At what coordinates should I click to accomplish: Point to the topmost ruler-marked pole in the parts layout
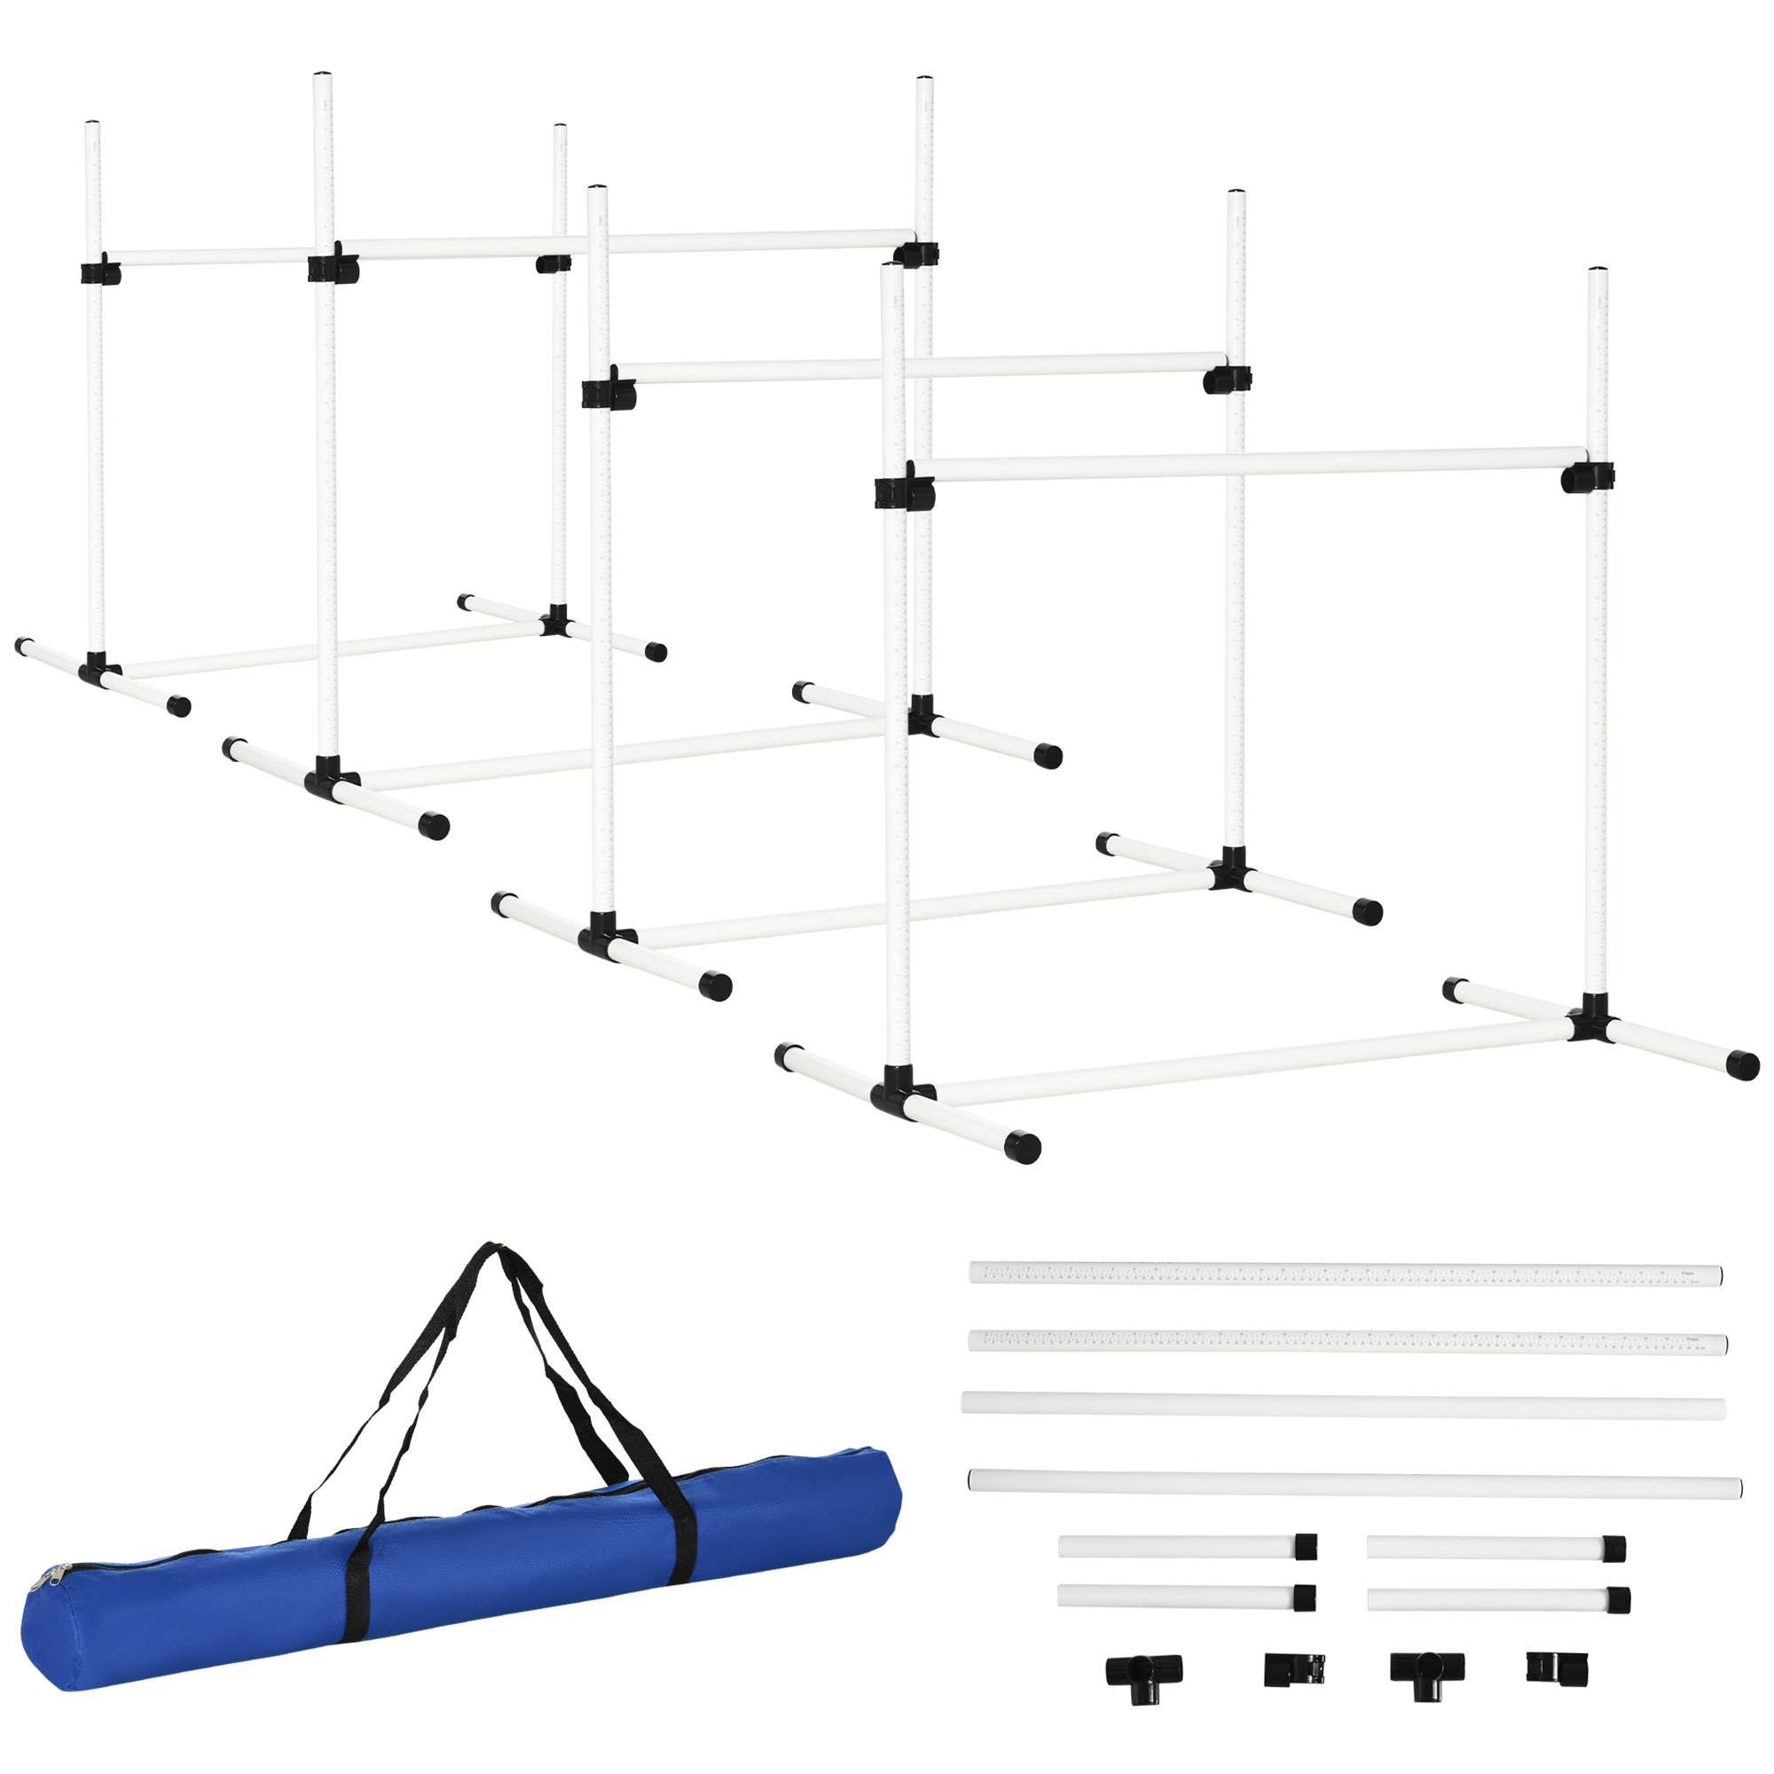pos(1346,1275)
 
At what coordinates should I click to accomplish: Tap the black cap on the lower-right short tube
pos(1618,1600)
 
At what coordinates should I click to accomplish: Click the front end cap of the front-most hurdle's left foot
pos(1022,1148)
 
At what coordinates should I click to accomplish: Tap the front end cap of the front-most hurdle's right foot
pos(1742,1065)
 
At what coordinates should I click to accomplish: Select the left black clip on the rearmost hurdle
pos(100,272)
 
